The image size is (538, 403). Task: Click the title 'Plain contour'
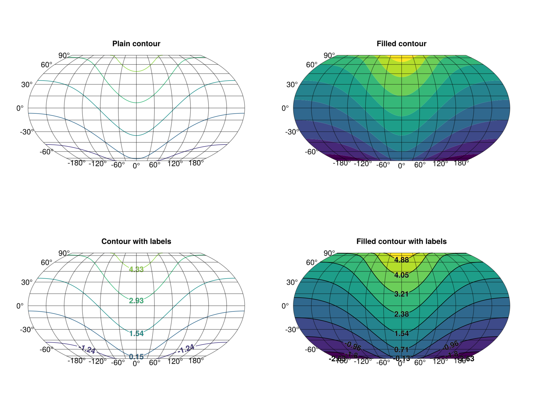tap(136, 44)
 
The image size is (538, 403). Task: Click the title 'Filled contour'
tap(401, 44)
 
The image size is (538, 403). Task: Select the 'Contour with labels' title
tap(136, 241)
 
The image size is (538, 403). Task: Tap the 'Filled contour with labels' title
tap(401, 241)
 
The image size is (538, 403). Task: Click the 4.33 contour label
tap(136, 269)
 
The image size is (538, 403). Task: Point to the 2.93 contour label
tap(136, 301)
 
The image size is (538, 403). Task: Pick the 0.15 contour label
tap(136, 357)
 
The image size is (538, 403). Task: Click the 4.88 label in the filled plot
tap(402, 260)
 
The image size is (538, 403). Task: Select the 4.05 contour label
tap(402, 275)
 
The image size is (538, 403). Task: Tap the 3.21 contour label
tap(402, 294)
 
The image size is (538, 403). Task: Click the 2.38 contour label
tap(402, 314)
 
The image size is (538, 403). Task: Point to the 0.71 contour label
tap(402, 349)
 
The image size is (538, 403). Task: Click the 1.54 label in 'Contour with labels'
tap(136, 333)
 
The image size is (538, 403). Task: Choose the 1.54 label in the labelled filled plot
tap(402, 333)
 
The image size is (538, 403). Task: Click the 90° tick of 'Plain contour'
tap(64, 55)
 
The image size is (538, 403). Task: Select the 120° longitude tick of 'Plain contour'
tap(175, 164)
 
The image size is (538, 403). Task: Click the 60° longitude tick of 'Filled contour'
tap(420, 165)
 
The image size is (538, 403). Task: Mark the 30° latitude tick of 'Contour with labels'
tap(27, 282)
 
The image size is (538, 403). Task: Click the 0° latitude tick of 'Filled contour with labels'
tap(285, 306)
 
